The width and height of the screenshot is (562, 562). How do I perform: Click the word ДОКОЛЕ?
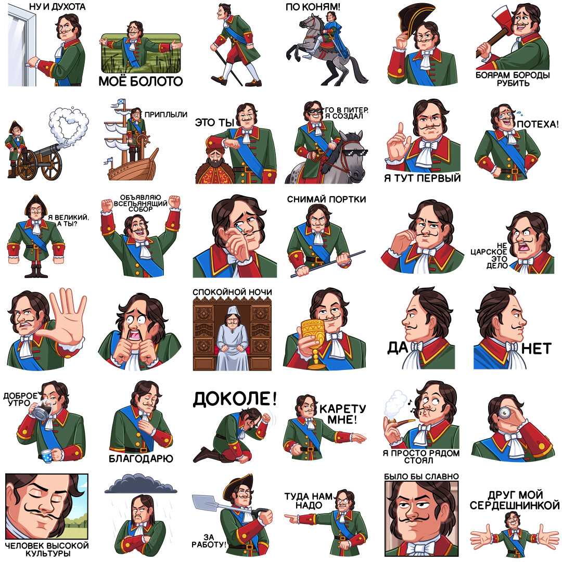pos(235,399)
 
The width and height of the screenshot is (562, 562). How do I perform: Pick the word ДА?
pos(398,348)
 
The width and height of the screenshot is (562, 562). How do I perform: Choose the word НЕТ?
pos(536,348)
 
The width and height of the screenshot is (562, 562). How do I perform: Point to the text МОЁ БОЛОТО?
pos(140,81)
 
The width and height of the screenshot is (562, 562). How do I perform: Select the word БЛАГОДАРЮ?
pos(141,458)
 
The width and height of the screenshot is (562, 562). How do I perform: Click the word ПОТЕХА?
pos(538,124)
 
